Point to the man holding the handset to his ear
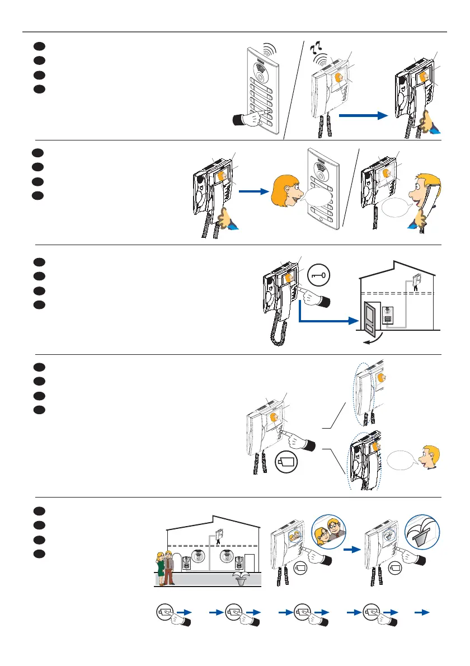coord(425,196)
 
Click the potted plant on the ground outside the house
coord(241,579)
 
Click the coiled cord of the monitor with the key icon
coord(277,327)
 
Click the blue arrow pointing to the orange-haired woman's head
coord(252,191)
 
